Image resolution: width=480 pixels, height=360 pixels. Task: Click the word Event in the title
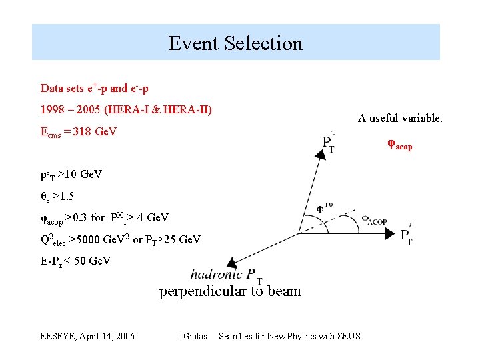194,43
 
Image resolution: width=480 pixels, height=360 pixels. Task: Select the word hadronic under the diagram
216,274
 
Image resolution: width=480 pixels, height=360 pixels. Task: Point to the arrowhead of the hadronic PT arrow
232,263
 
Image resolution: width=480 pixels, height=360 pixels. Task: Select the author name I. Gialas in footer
191,336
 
